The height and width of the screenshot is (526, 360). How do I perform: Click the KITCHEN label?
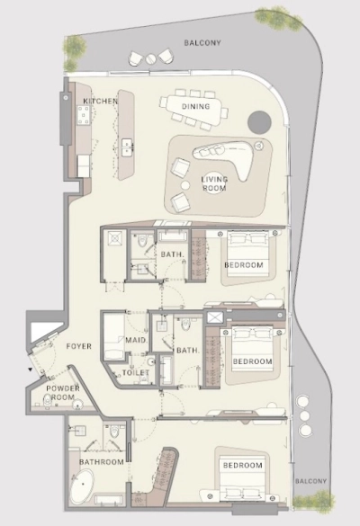click(x=101, y=101)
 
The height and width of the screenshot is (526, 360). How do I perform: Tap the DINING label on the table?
click(x=196, y=106)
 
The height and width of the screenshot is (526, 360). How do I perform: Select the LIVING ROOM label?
click(x=214, y=183)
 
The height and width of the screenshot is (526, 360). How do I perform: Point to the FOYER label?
click(x=79, y=346)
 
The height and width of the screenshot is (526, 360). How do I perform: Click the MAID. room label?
click(x=136, y=340)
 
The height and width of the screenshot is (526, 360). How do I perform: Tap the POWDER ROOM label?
click(x=63, y=393)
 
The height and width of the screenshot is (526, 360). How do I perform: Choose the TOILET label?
click(x=136, y=372)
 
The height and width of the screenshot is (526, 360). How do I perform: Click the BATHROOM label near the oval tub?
click(x=102, y=462)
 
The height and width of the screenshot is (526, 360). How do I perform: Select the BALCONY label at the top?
click(x=202, y=42)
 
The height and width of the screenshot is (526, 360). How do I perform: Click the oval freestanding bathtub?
click(x=83, y=486)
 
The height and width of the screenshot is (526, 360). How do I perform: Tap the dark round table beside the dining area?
click(x=259, y=122)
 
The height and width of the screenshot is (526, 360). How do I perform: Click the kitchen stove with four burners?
click(x=84, y=115)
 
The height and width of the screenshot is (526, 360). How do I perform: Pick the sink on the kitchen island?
click(x=127, y=147)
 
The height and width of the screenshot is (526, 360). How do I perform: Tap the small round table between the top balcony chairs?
click(x=150, y=58)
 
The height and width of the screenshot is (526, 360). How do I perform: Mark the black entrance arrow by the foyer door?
click(x=31, y=370)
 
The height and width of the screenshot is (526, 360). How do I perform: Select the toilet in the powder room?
click(x=48, y=400)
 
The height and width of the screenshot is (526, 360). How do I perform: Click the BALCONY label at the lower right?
click(x=310, y=481)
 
